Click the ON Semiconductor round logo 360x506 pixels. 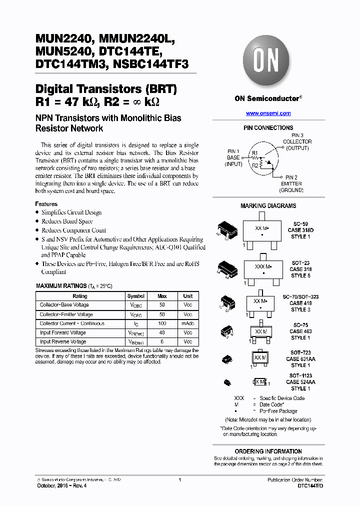click(268, 62)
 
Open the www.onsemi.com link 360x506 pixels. click(268, 113)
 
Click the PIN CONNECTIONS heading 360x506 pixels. click(268, 128)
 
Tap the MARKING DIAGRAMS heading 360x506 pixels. click(268, 206)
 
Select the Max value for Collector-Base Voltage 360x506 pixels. click(162, 305)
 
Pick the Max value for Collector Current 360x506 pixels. click(162, 323)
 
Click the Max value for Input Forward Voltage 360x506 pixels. click(162, 332)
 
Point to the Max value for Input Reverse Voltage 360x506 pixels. click(162, 341)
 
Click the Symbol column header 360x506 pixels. click(135, 296)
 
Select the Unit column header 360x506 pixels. click(187, 296)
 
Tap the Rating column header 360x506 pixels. click(79, 296)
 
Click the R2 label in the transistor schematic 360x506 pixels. click(255, 165)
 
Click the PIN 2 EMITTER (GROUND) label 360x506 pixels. click(291, 183)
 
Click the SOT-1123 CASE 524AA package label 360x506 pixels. click(300, 382)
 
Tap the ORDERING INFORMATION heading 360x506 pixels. click(268, 451)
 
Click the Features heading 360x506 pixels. click(46, 204)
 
